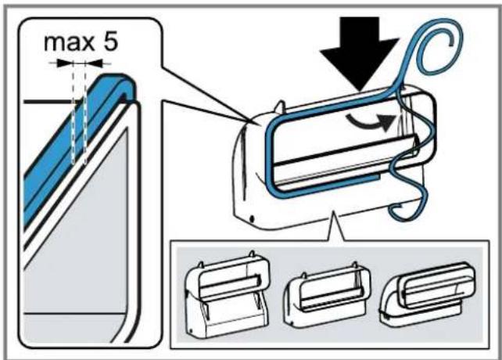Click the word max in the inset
point(69,42)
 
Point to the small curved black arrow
point(371,122)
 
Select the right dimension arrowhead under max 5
point(94,63)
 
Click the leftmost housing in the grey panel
point(227,293)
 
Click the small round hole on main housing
point(252,219)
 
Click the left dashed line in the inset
point(74,112)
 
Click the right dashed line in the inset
point(85,112)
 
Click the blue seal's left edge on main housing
point(268,157)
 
